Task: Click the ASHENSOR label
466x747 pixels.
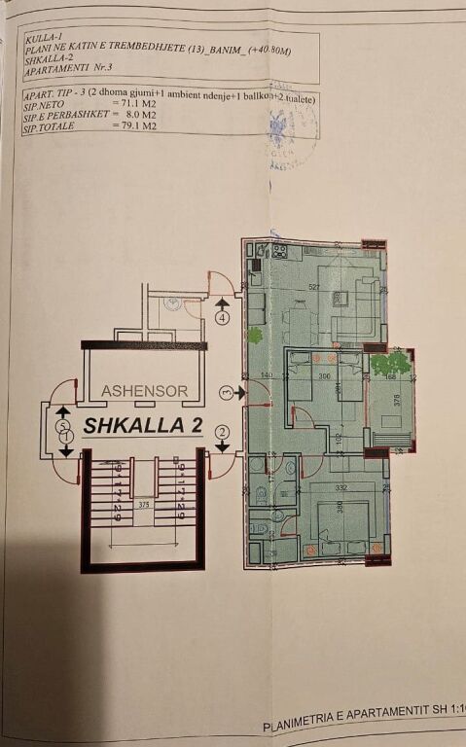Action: [144, 390]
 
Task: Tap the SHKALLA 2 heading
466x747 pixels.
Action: [142, 425]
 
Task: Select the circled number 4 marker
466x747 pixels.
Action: [223, 317]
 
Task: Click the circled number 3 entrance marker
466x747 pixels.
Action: [226, 392]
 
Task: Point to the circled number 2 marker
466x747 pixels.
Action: [223, 432]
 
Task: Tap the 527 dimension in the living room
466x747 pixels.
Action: [314, 286]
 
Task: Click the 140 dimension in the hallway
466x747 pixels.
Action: [266, 375]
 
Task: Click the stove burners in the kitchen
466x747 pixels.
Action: [279, 252]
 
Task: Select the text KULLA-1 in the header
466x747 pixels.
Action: [42, 39]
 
